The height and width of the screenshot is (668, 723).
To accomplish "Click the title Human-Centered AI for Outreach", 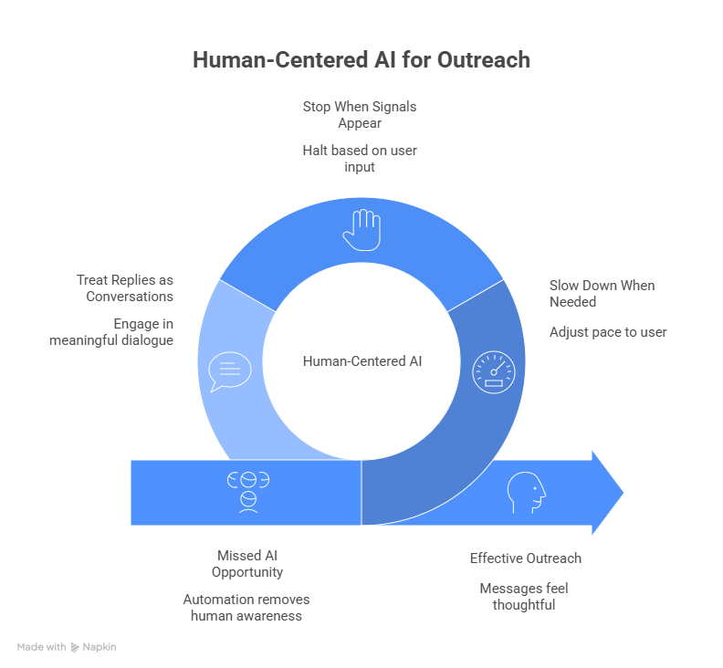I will click(361, 60).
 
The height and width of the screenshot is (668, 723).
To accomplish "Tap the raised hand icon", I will click(361, 229).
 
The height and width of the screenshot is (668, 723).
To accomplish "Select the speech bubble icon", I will click(229, 371).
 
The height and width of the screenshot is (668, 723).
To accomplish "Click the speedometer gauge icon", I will click(493, 371).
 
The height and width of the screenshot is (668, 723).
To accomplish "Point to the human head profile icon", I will click(527, 493).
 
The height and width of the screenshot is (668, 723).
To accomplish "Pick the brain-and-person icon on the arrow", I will click(247, 491).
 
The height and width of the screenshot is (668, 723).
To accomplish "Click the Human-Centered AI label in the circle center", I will click(361, 361).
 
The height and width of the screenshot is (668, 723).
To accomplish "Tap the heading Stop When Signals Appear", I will click(360, 114).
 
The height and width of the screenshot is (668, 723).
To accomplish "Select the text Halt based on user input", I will click(360, 158).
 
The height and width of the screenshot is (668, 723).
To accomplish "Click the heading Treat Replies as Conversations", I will click(125, 287).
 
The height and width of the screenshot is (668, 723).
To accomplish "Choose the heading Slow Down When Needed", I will click(602, 293).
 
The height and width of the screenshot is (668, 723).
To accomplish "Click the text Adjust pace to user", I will click(608, 332).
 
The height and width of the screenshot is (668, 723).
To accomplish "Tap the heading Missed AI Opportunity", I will click(247, 563).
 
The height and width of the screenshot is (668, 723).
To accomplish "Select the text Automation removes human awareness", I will click(246, 607).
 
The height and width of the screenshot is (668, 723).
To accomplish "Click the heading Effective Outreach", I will click(525, 558).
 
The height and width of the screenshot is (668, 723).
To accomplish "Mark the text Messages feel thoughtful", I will click(524, 596).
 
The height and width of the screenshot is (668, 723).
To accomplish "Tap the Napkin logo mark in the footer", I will click(75, 647).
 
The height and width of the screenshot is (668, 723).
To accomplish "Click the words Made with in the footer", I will click(41, 647).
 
